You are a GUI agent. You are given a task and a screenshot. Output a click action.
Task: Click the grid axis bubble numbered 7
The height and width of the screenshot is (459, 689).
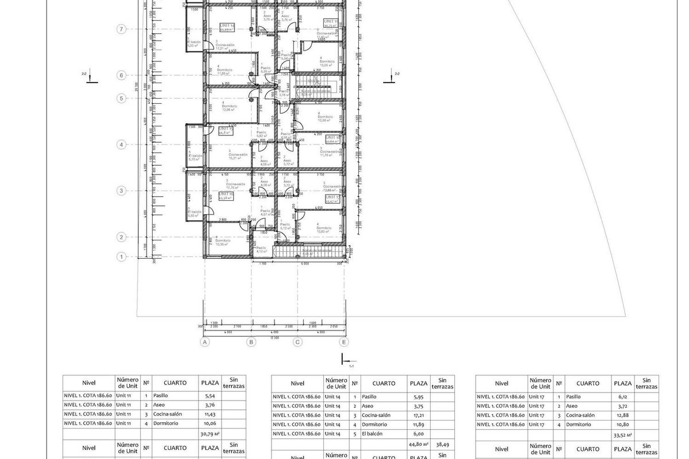[x=121, y=29]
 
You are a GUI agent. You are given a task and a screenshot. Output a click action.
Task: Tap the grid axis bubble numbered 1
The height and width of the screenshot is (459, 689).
[x=121, y=257]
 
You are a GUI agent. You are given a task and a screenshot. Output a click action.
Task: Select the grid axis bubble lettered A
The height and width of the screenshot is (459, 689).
[x=204, y=342]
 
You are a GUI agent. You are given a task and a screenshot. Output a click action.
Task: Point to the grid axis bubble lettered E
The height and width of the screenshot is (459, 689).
[x=344, y=342]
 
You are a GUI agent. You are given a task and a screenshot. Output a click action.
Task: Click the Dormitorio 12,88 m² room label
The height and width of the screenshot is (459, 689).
[x=230, y=108]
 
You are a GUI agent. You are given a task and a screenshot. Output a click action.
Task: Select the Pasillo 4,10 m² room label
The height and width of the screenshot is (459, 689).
[x=262, y=250]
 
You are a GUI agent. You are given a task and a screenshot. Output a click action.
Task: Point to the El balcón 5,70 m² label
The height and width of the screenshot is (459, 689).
[x=195, y=157]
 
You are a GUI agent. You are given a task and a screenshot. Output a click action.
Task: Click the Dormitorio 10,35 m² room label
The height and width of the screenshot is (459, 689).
[x=222, y=242]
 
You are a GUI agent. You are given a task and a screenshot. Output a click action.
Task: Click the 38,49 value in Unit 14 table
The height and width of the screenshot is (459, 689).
[x=442, y=444]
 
